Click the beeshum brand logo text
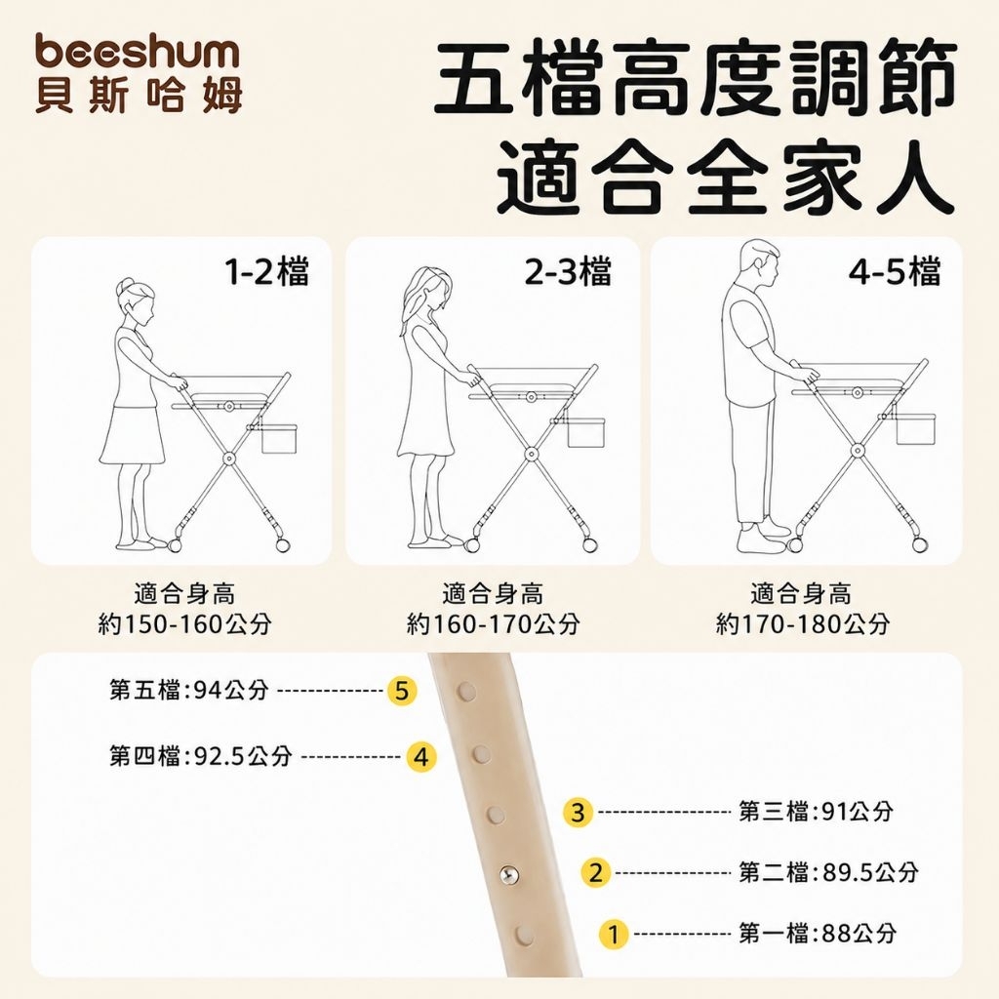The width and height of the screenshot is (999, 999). (138, 52)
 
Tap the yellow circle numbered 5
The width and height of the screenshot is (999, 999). (402, 691)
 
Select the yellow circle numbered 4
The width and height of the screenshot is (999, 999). (421, 757)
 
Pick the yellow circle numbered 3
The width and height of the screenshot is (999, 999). (578, 813)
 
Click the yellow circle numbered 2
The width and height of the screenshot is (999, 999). (595, 872)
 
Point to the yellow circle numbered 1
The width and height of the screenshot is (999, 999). (613, 934)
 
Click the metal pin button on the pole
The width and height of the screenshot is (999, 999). (509, 875)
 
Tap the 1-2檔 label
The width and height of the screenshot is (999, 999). (267, 271)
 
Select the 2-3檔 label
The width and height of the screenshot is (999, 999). (568, 271)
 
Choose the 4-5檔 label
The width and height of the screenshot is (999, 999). (895, 271)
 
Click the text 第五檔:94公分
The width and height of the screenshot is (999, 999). (188, 690)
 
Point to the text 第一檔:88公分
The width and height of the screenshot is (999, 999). (819, 934)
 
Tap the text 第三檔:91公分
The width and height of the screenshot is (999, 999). (817, 812)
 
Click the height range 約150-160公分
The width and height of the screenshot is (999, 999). (184, 623)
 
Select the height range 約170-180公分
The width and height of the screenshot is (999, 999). (802, 623)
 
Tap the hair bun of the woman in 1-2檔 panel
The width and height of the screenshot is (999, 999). (123, 286)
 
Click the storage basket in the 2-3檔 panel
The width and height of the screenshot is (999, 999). (585, 433)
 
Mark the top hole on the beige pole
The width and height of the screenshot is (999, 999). (467, 691)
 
